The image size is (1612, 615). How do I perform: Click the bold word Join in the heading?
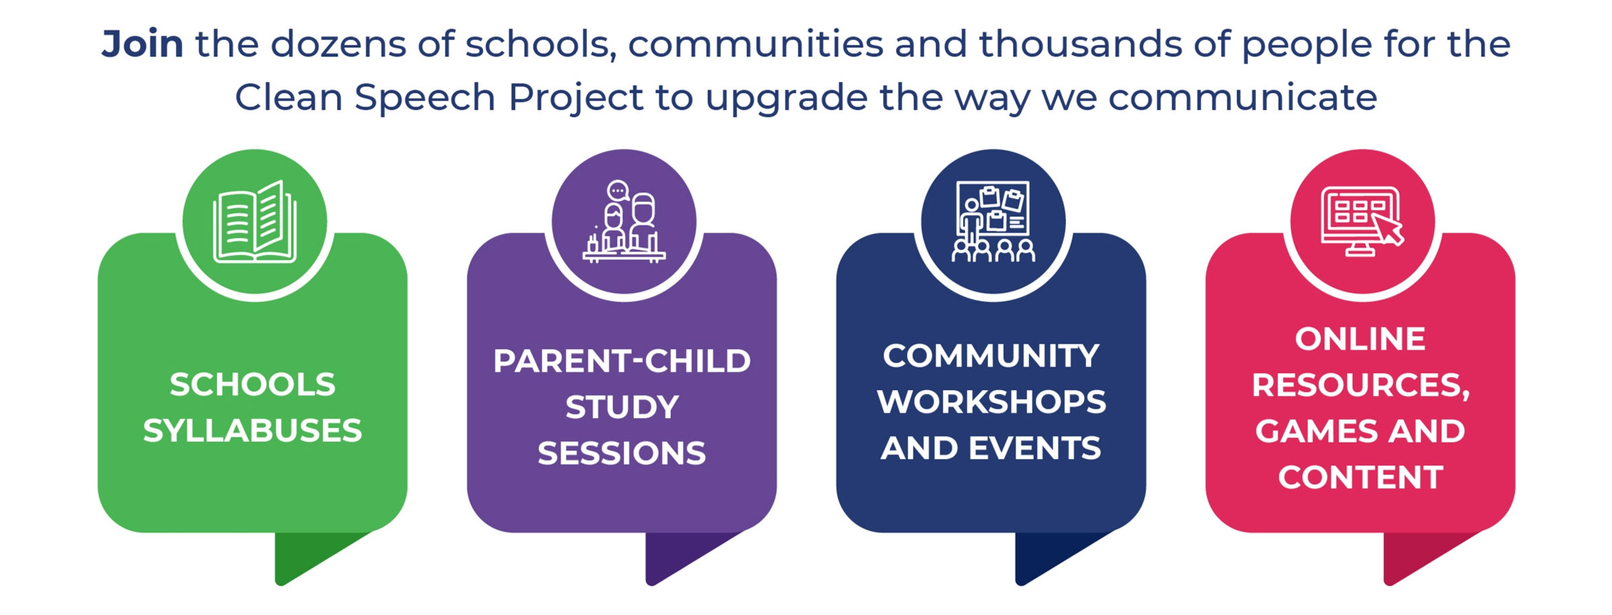(142, 44)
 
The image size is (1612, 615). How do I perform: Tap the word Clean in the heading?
(289, 97)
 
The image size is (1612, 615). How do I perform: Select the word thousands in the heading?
(1079, 44)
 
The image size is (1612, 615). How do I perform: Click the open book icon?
(255, 221)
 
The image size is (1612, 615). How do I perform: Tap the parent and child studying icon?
(624, 221)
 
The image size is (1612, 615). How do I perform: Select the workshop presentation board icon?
(993, 221)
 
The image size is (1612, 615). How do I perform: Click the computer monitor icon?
(1362, 221)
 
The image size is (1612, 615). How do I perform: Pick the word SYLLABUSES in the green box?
(253, 430)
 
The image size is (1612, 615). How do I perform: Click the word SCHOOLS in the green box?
(253, 384)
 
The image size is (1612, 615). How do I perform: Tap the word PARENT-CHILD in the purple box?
(622, 361)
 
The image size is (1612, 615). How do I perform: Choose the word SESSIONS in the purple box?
(622, 453)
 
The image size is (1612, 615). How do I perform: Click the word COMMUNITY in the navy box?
(991, 356)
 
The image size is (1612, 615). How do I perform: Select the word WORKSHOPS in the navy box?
(991, 402)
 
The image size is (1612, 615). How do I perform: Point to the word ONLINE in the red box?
(1360, 339)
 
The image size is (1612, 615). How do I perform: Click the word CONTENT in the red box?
(1360, 477)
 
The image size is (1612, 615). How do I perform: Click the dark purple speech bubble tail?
(676, 555)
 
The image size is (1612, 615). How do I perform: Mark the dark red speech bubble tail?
(1414, 555)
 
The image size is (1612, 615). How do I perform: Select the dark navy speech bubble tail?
(1045, 555)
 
